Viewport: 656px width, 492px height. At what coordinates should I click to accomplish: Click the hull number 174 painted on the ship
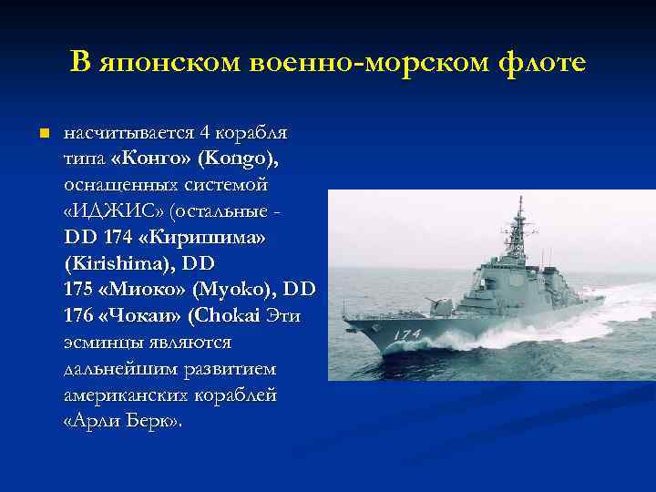click(x=406, y=334)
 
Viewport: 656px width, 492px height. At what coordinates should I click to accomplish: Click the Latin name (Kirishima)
click(x=120, y=264)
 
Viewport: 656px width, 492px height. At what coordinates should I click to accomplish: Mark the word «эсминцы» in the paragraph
click(x=101, y=343)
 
